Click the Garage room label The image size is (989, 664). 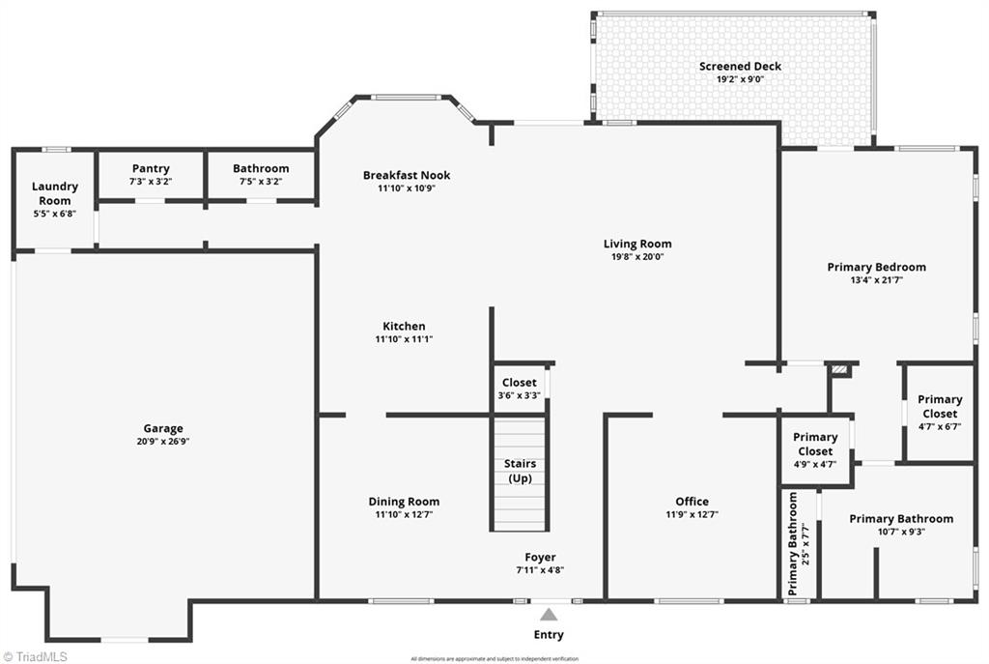click(x=162, y=428)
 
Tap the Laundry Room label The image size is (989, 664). click(x=54, y=193)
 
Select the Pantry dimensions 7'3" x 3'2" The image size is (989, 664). click(x=151, y=182)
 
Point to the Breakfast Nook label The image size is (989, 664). click(x=407, y=175)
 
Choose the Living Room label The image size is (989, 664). click(x=637, y=244)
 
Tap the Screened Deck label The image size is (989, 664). click(x=740, y=66)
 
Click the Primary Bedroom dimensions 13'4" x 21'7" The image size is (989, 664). click(x=876, y=280)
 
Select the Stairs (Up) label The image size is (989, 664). click(x=520, y=471)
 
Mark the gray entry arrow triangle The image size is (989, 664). click(x=549, y=614)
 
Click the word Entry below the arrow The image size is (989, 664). click(x=549, y=635)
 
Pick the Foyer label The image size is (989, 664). click(x=540, y=557)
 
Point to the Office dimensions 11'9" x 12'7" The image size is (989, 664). click(x=692, y=514)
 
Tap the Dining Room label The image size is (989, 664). click(x=404, y=501)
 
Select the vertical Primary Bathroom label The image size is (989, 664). click(x=794, y=543)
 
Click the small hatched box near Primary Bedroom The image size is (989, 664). click(x=840, y=369)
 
